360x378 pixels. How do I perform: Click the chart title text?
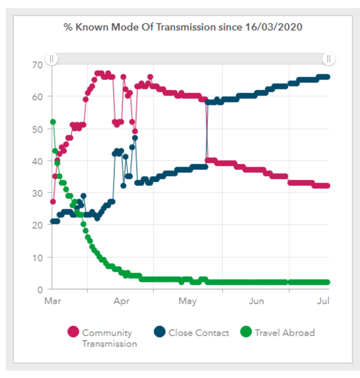tap(182, 27)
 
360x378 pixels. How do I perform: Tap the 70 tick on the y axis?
tap(38, 65)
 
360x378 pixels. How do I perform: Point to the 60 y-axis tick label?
tap(38, 97)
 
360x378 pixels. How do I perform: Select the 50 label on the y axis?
tap(38, 129)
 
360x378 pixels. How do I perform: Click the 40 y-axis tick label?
tap(38, 161)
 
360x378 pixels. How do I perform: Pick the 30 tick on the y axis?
tap(38, 193)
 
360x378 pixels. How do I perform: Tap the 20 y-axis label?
tap(38, 225)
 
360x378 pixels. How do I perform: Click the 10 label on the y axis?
tap(38, 257)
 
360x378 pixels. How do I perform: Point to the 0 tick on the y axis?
tap(40, 289)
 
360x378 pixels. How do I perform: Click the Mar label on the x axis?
tap(53, 302)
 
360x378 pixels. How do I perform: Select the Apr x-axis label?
tap(121, 302)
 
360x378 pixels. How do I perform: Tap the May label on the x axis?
tap(188, 302)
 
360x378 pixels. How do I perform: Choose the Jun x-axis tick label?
tap(256, 302)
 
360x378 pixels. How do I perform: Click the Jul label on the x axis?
tap(323, 302)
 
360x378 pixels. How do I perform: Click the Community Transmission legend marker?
tap(73, 333)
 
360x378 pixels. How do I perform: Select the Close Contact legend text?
tap(198, 333)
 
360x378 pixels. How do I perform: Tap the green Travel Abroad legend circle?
tap(246, 333)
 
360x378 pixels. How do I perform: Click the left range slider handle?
tap(51, 59)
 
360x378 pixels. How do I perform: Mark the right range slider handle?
tap(328, 59)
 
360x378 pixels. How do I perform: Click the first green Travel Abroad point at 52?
tap(53, 122)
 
